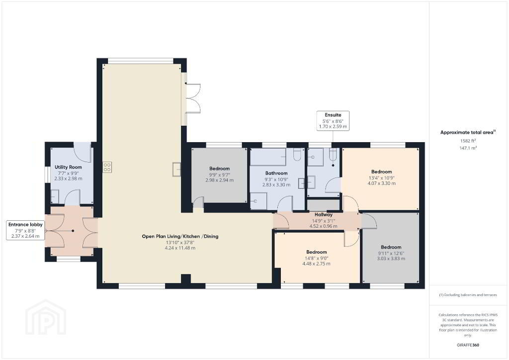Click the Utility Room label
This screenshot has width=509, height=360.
point(68,167)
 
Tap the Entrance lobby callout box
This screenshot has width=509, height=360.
point(25,230)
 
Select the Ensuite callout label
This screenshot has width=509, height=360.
point(333,115)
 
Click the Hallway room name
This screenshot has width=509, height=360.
point(323,215)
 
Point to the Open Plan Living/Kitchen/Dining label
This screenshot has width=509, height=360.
point(180,236)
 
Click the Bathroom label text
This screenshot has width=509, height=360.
point(276,174)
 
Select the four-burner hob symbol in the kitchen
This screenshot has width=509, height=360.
point(107,167)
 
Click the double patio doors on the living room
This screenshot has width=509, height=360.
point(193,98)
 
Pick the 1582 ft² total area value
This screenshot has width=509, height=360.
point(468,141)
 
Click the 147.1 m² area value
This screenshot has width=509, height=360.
point(468,148)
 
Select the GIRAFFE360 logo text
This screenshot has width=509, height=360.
point(468,345)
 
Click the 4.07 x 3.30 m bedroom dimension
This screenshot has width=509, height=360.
point(381,183)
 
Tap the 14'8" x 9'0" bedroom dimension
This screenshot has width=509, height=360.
point(317,259)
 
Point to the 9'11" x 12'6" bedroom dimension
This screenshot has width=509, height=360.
point(391,253)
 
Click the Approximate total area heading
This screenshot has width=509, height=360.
point(468,132)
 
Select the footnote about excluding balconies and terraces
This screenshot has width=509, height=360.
point(468,295)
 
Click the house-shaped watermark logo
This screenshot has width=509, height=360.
point(46,317)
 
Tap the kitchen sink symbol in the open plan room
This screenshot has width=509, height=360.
point(177,169)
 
